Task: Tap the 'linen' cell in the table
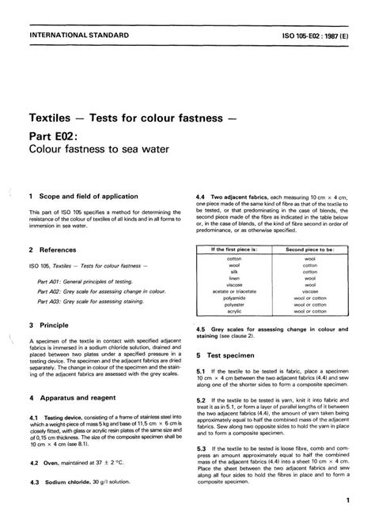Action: tap(233, 278)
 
